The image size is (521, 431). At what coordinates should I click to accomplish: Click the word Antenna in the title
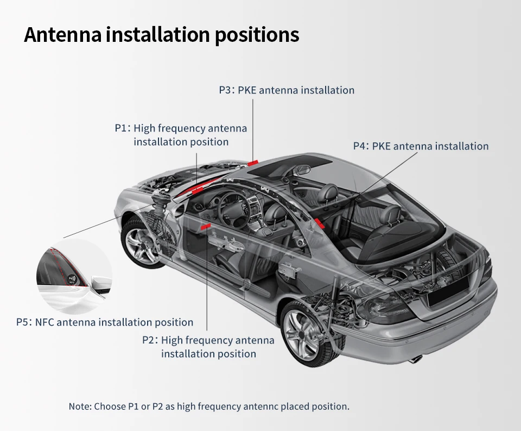coord(62,35)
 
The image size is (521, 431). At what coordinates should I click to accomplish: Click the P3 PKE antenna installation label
coord(287,90)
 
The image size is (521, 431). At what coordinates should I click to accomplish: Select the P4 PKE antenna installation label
coord(421,146)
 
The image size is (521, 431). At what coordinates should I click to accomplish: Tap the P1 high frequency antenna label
coord(181,135)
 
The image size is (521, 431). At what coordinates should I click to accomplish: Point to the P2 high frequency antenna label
coord(208,347)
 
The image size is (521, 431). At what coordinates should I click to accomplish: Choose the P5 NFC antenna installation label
coord(105,322)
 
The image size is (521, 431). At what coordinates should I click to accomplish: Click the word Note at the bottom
coord(79,406)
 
